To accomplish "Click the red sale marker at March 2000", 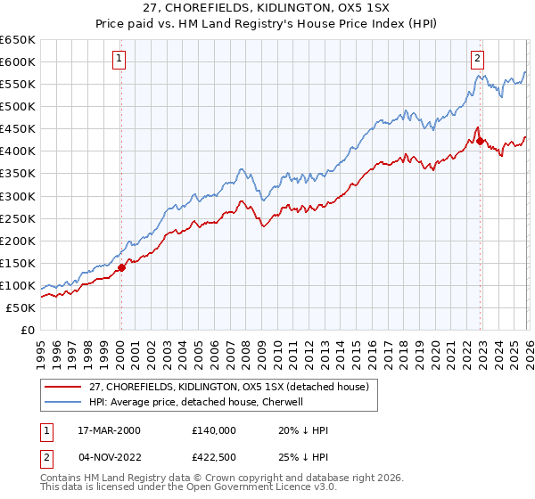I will tap(121, 266).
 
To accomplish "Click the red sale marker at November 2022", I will tap(480, 141).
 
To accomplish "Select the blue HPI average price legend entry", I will tap(195, 402).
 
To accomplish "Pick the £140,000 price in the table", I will tap(213, 429).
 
